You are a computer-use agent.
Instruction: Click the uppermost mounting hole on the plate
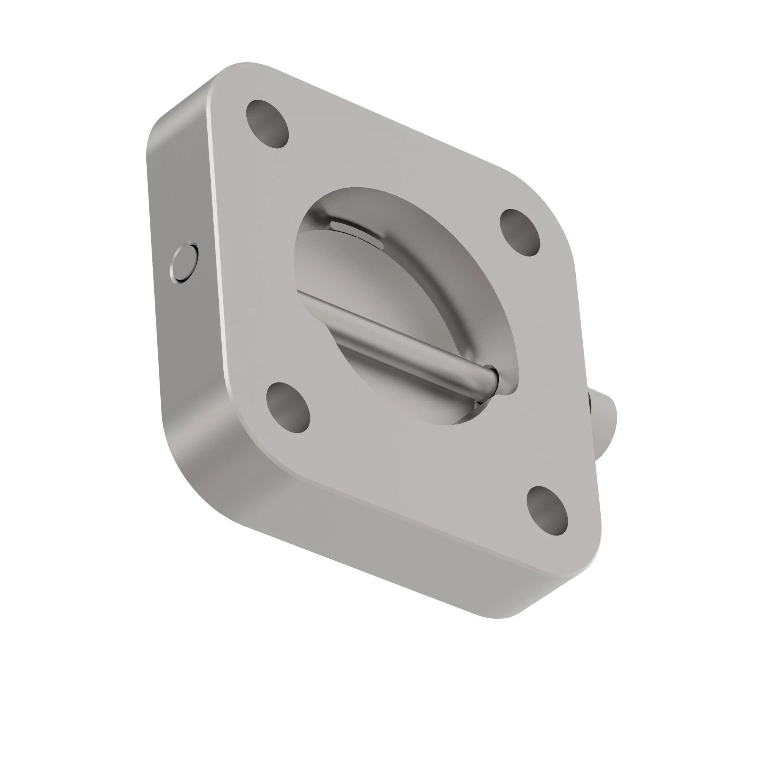pos(267,124)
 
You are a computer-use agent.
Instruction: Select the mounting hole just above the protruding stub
pos(520,233)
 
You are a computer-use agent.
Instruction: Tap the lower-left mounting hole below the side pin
pos(288,408)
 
